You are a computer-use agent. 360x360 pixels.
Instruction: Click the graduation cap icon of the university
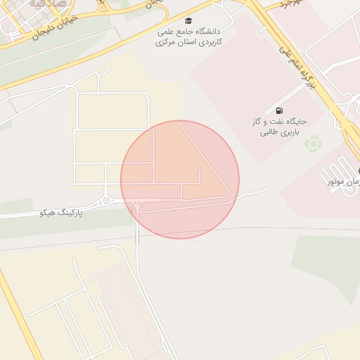click(188, 21)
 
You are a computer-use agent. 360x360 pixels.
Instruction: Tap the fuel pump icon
click(280, 111)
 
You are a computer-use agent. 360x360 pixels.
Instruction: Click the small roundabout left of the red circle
click(106, 201)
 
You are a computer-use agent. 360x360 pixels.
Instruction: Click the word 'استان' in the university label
click(190, 43)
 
